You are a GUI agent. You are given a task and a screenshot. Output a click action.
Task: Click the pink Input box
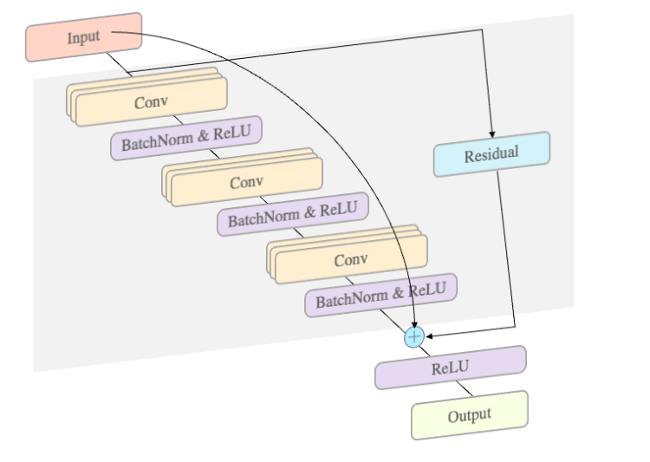click(83, 37)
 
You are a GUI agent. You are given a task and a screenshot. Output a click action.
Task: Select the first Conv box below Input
click(150, 102)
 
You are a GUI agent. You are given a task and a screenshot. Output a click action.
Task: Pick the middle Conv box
click(246, 182)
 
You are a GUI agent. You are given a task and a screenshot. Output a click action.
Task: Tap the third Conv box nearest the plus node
click(351, 259)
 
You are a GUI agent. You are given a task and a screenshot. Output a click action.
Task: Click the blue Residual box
click(491, 154)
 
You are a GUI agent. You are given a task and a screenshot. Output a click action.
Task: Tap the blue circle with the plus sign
click(414, 335)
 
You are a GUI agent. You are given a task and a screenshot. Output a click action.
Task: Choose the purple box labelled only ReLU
click(450, 368)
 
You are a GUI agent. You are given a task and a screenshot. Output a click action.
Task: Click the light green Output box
click(469, 415)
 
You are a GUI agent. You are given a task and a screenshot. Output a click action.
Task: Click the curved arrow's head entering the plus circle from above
click(413, 323)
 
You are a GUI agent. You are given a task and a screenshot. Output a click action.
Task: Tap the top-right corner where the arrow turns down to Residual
click(482, 30)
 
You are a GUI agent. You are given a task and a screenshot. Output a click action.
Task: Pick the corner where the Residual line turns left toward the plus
click(516, 327)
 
